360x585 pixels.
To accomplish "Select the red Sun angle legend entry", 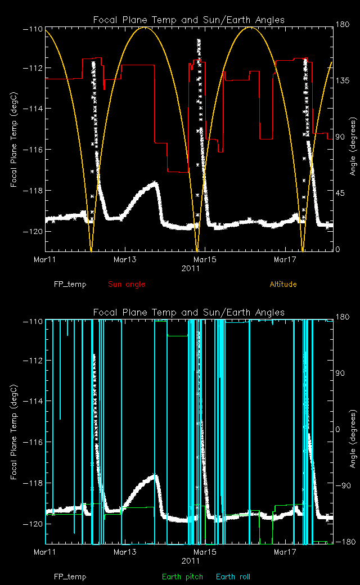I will click(x=126, y=284).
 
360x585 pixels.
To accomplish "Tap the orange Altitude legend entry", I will click(x=283, y=284).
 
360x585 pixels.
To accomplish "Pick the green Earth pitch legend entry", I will click(x=178, y=577).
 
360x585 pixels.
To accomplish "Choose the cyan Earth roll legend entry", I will click(x=233, y=577).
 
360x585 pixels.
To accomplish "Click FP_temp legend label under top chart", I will click(x=70, y=284).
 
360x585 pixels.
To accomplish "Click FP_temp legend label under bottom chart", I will click(x=70, y=577).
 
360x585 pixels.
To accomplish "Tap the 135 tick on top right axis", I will click(x=343, y=81).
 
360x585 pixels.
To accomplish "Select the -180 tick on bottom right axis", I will click(x=343, y=542).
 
